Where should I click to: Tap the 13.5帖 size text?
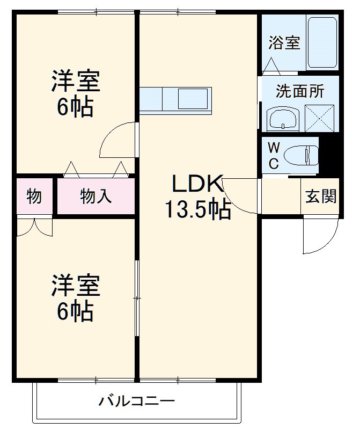pyautogui.click(x=197, y=210)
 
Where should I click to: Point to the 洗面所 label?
pyautogui.click(x=300, y=91)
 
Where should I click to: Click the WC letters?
pyautogui.click(x=274, y=156)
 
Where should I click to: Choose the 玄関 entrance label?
pyautogui.click(x=321, y=197)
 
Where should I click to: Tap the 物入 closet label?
pyautogui.click(x=96, y=197)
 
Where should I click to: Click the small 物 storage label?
pyautogui.click(x=34, y=197)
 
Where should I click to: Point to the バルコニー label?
pyautogui.click(x=137, y=401)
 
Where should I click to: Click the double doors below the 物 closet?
pyautogui.click(x=34, y=227)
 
